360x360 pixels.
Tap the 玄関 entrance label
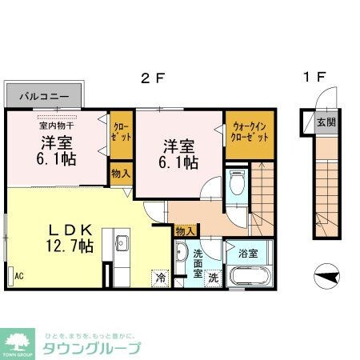(x=326, y=123)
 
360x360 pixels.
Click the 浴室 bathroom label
(x=247, y=254)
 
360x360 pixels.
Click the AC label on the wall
(x=18, y=275)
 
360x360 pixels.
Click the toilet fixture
(x=238, y=183)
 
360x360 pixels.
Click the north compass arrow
(x=326, y=277)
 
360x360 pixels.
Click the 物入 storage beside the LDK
(x=122, y=174)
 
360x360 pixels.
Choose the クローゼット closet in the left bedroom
(x=122, y=133)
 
